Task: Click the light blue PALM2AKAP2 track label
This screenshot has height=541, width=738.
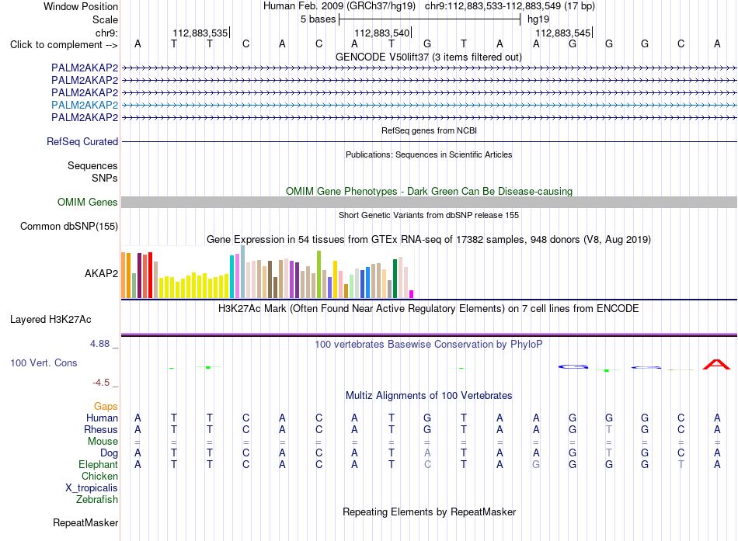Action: (85, 105)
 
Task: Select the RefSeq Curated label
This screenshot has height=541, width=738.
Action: (82, 141)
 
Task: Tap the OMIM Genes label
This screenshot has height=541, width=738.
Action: (88, 203)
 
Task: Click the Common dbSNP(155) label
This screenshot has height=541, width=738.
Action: (69, 227)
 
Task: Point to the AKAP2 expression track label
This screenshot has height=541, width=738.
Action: (101, 273)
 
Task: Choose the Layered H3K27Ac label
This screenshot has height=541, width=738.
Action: (50, 320)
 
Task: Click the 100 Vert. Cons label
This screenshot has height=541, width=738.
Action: (44, 362)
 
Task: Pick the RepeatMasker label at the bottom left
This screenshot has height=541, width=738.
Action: (85, 522)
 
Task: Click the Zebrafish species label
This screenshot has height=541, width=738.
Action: (97, 500)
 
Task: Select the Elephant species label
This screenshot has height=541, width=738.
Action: (99, 464)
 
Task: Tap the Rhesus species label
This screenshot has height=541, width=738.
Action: (101, 429)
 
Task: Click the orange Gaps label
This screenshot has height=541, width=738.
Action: (106, 407)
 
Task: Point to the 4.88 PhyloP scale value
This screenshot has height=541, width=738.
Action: (99, 344)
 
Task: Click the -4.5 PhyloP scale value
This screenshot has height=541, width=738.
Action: (101, 383)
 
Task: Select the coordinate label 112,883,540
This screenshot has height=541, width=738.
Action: (381, 33)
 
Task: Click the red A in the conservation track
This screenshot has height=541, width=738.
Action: (716, 364)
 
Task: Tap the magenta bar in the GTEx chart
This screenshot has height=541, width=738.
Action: (412, 294)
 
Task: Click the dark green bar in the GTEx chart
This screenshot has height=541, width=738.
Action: (395, 279)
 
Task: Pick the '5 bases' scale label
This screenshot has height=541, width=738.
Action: (319, 19)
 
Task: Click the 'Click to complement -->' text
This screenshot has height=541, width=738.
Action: (64, 45)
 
